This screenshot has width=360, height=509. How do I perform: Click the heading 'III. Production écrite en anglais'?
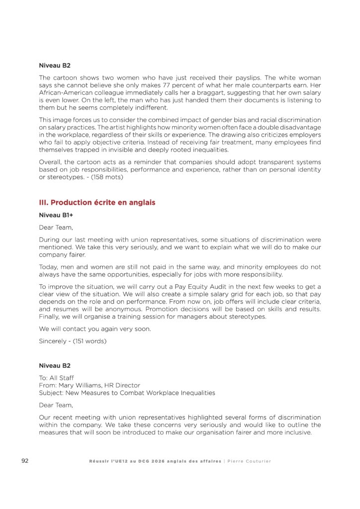pos(97,202)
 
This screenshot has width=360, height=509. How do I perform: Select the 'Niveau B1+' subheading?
pos(56,215)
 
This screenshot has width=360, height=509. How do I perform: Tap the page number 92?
pos(25,461)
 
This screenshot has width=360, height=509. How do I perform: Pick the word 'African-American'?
pos(63,93)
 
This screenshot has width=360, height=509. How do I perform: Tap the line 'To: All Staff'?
pos(56,378)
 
